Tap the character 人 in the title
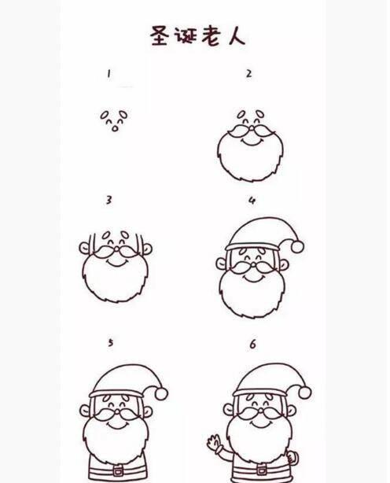tap(237, 36)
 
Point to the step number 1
tap(109, 74)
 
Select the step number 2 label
tap(248, 74)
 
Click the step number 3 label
tap(109, 201)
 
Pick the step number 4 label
tap(252, 201)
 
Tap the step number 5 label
tap(111, 342)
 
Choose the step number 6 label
tap(252, 344)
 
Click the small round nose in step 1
tap(115, 128)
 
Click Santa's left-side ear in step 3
tap(84, 248)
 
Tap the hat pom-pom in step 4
tap(297, 247)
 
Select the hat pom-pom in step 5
tap(161, 393)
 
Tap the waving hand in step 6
tap(214, 442)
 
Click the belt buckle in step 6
tap(261, 470)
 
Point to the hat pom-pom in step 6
tap(304, 393)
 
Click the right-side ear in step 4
tap(284, 264)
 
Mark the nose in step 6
tap(261, 411)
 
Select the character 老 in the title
tap(212, 36)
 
